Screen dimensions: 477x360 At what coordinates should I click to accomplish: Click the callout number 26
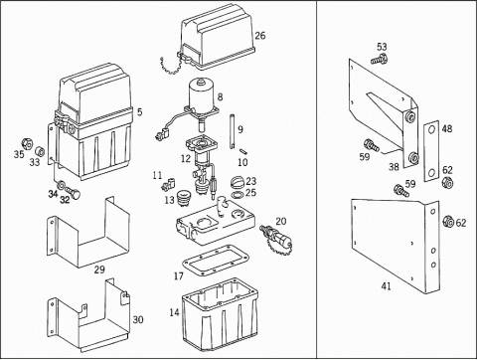pos(260,35)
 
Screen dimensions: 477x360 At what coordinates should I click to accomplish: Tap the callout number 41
pos(386,285)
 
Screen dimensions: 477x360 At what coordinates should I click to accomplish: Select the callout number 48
pos(447,128)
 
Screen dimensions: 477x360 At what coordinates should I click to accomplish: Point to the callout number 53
pos(382,47)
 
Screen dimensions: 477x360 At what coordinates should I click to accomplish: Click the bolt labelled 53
pos(379,59)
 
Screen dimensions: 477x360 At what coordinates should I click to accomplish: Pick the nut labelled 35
pos(27,143)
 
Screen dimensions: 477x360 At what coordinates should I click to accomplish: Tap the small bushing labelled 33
pos(40,151)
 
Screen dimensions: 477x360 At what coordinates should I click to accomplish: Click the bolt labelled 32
pos(74,192)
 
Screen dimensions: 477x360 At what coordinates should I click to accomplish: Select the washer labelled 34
pos(61,184)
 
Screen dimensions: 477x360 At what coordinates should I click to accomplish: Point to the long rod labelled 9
pos(232,131)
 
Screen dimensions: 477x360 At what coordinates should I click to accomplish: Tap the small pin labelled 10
pos(243,151)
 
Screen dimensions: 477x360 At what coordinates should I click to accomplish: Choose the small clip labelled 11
pos(169,184)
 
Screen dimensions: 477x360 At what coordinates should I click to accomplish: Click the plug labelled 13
pos(183,197)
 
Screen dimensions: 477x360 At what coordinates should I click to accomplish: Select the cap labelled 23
pos(238,182)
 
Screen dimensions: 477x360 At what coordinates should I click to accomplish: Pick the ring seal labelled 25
pos(237,195)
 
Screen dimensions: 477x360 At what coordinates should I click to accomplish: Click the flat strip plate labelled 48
pos(431,151)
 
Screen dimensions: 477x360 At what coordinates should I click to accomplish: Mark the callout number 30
pos(138,319)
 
